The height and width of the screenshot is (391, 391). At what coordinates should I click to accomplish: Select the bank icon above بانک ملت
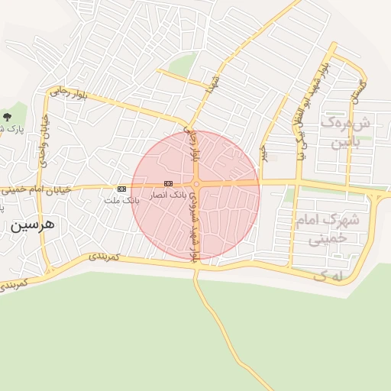click(x=121, y=188)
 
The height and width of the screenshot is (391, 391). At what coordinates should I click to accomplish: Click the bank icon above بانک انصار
click(x=168, y=183)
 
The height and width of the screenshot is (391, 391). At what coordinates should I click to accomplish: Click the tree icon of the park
click(x=8, y=117)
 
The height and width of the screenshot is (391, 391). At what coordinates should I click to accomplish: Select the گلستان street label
click(x=357, y=92)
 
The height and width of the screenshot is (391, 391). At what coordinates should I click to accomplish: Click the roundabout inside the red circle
click(x=196, y=183)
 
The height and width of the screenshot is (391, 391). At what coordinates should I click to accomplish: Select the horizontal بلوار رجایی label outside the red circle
click(x=69, y=93)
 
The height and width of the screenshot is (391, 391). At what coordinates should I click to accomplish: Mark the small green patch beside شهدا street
click(x=181, y=66)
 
